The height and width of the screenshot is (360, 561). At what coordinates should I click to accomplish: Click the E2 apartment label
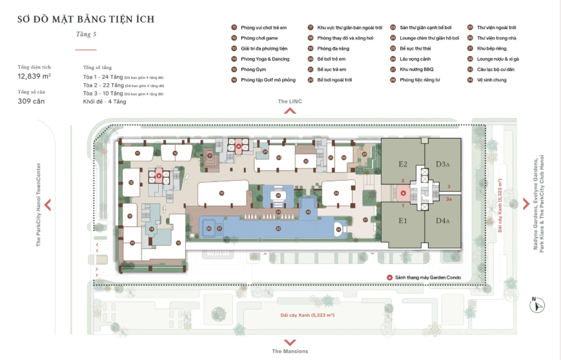click(x=403, y=164)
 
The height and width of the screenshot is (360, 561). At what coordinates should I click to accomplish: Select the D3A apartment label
click(x=442, y=164)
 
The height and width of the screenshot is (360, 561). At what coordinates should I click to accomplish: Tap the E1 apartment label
click(x=403, y=221)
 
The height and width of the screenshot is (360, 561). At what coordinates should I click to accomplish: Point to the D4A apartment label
click(x=442, y=221)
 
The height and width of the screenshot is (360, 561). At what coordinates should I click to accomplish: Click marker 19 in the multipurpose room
click(x=221, y=192)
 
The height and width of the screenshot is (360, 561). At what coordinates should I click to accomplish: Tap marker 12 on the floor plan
click(x=131, y=183)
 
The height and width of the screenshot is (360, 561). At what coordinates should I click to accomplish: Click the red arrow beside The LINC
click(x=290, y=111)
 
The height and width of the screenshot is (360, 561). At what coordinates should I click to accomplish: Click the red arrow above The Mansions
click(x=290, y=342)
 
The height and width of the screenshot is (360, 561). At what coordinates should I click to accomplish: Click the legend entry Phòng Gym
click(x=249, y=69)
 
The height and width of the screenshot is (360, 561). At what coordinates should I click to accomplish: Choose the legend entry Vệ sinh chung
click(x=491, y=79)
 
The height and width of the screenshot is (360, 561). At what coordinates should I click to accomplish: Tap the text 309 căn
click(x=31, y=101)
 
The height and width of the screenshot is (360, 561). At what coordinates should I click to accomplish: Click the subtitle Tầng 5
click(x=86, y=34)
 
